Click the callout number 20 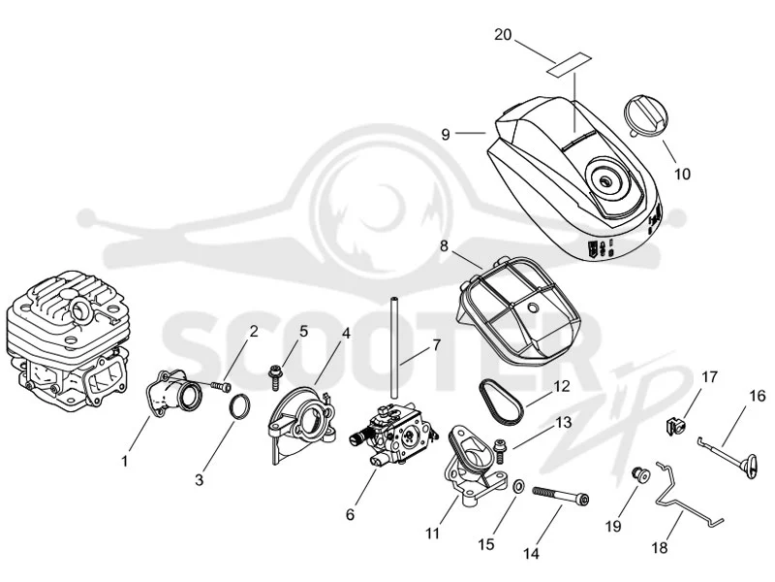tap(503, 35)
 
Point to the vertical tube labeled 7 tap(394, 346)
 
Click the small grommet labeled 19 tap(641, 473)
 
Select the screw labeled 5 tap(274, 378)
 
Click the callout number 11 tap(432, 533)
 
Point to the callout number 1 tap(125, 462)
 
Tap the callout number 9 tap(446, 134)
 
